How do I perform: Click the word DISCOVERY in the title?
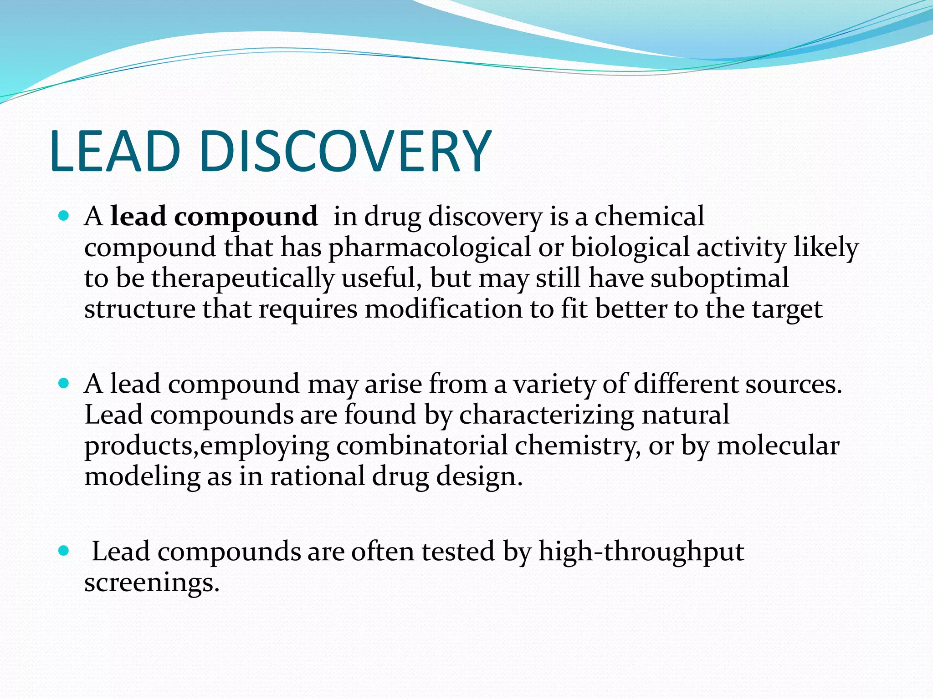click(345, 151)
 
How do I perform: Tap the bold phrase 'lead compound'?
click(214, 217)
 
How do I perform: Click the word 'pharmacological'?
click(430, 248)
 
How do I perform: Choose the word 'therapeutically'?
click(243, 279)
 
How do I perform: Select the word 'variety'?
click(554, 385)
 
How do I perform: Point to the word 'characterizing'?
click(547, 416)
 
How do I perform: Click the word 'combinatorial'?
click(422, 446)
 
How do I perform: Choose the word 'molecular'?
click(778, 446)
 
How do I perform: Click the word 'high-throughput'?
click(641, 552)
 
